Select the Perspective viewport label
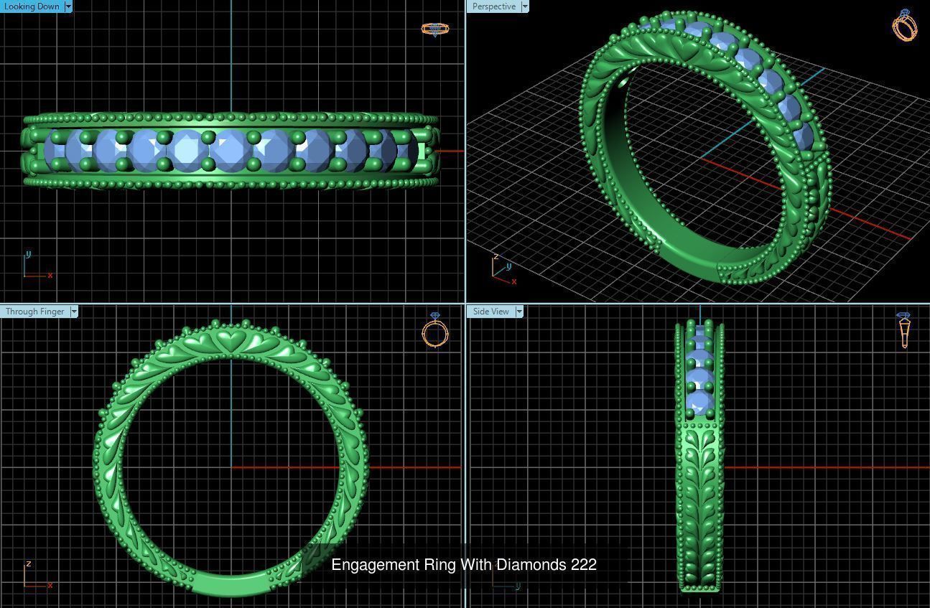tap(493, 6)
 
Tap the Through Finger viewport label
tap(34, 312)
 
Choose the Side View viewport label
tap(491, 312)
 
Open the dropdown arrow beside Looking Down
tap(68, 6)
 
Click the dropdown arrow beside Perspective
tap(524, 6)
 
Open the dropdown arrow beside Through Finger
tap(74, 312)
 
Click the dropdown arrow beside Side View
tap(519, 312)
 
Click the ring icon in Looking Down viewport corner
tap(434, 29)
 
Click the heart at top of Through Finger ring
tap(231, 340)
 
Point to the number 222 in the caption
tap(584, 565)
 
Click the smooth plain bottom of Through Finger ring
tap(231, 584)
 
